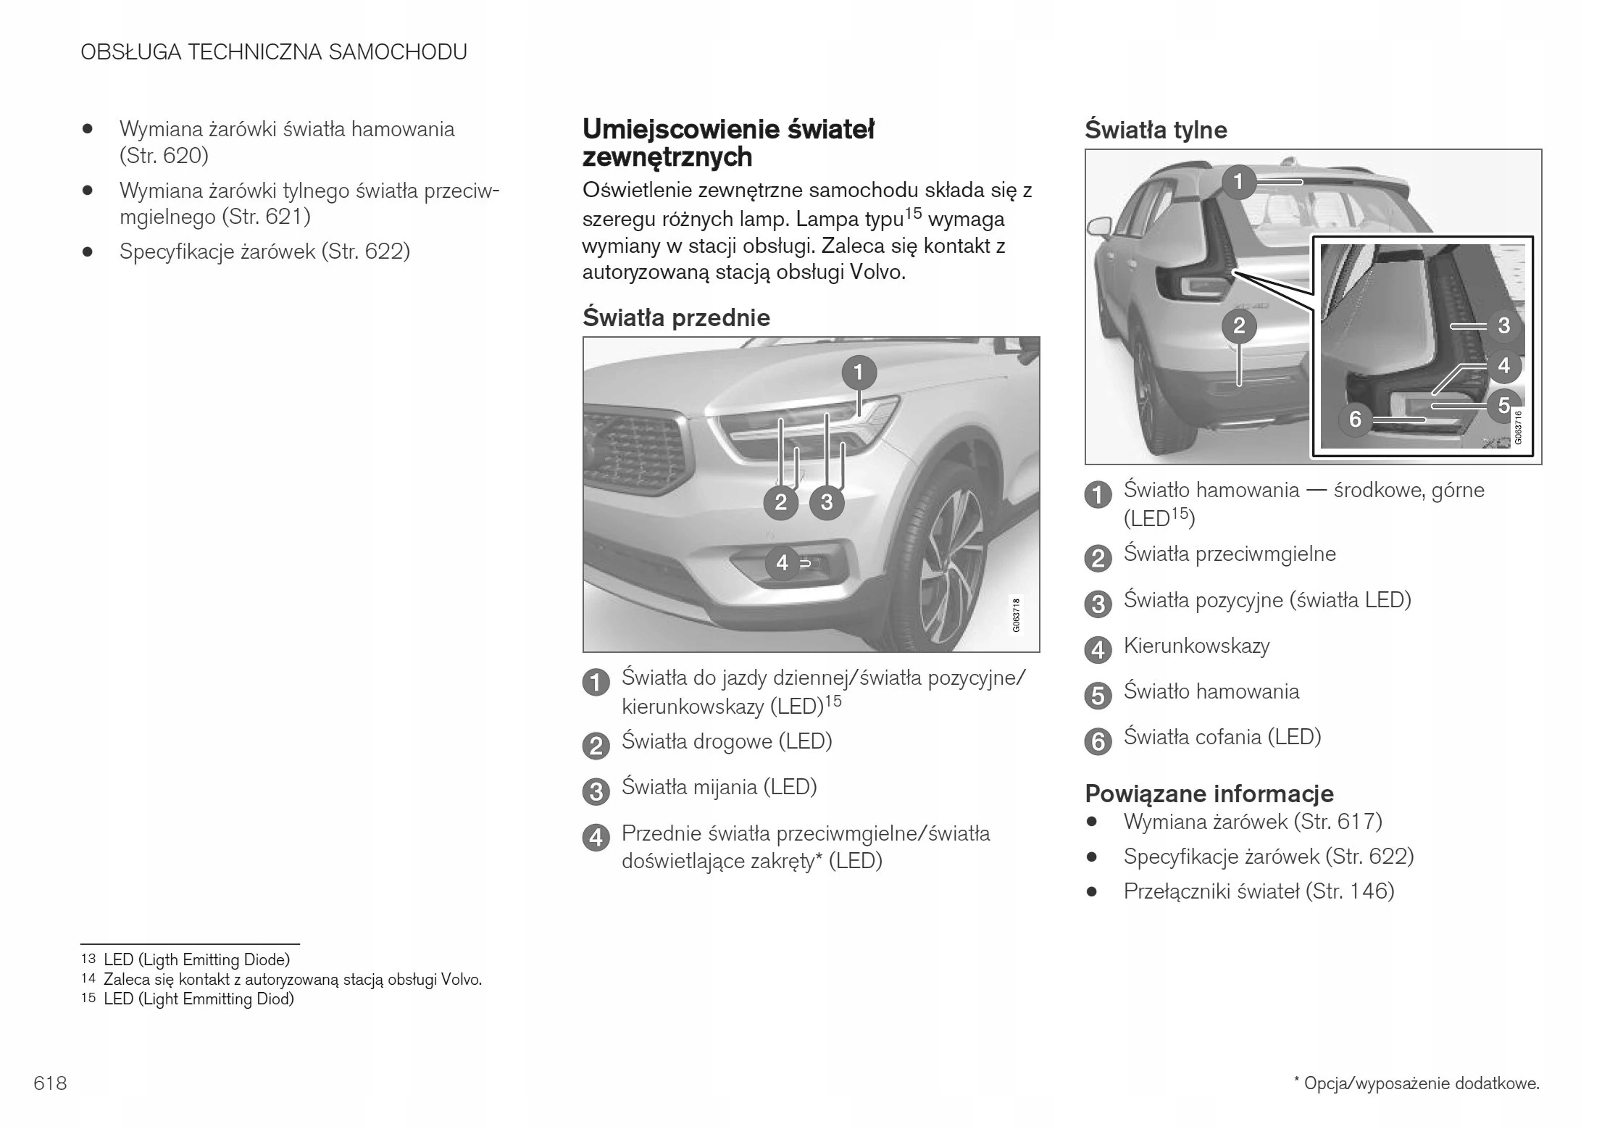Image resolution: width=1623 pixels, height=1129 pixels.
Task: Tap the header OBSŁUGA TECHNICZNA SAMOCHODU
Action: coord(274,52)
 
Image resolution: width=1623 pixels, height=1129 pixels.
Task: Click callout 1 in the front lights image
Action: coord(859,372)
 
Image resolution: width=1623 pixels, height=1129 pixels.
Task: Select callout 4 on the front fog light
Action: coord(782,562)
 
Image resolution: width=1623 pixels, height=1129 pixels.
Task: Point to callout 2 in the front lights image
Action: coord(780,501)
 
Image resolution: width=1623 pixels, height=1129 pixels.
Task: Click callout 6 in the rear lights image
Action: coord(1355,418)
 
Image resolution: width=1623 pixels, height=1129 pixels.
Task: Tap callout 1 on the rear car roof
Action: coord(1238,181)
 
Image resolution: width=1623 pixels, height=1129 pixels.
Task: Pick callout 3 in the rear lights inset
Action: coord(1503,325)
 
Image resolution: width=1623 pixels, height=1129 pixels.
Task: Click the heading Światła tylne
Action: coord(1156,130)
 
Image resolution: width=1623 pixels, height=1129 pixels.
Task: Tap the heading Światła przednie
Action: coord(676,317)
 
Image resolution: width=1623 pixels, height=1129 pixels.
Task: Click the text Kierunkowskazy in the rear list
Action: coord(1196,646)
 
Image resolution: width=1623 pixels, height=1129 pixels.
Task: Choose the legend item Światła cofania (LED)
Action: coord(1222,737)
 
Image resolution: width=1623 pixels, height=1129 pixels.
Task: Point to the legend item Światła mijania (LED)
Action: coord(719,787)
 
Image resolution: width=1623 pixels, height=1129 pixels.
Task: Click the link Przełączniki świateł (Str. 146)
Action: coord(1259,891)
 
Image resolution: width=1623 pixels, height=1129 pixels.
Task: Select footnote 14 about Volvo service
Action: coord(292,980)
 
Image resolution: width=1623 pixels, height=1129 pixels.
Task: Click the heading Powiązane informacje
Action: coord(1209,793)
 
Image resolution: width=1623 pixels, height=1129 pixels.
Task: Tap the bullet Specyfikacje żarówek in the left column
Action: coord(264,251)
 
